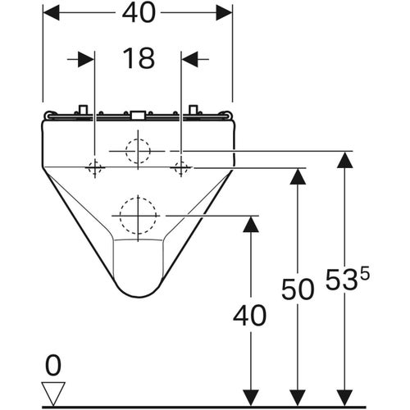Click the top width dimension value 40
[x=139, y=13]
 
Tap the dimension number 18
[x=139, y=58]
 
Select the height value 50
[x=298, y=289]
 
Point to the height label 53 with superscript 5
[x=347, y=278]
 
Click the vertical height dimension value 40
[x=249, y=316]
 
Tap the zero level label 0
[x=53, y=367]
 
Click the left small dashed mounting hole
[x=95, y=167]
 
